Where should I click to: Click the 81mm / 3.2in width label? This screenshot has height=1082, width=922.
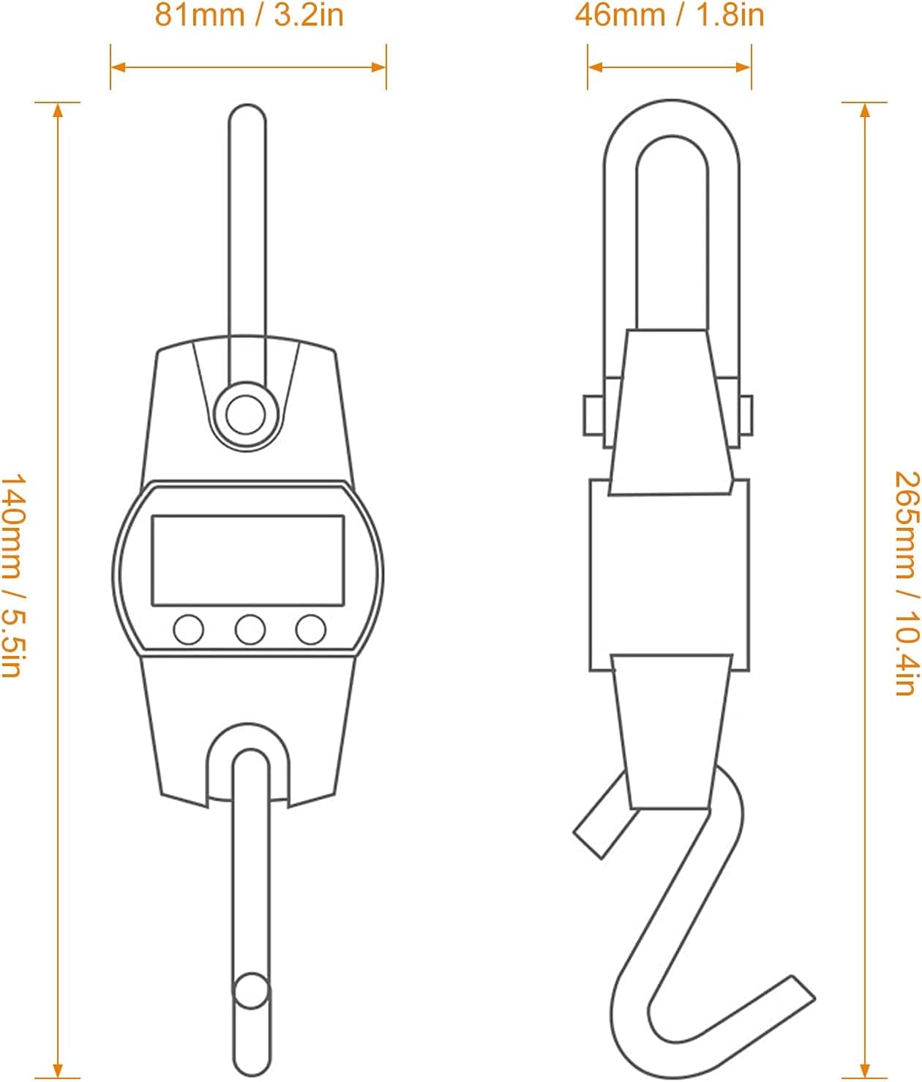(x=249, y=15)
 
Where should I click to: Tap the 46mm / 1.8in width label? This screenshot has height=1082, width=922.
(x=669, y=15)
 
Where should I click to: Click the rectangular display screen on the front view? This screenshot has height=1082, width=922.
(x=248, y=561)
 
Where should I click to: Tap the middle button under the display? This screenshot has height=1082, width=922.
(x=250, y=630)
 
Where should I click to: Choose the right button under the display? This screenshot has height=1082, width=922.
(x=310, y=630)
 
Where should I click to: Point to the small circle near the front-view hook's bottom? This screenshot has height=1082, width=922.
(x=251, y=991)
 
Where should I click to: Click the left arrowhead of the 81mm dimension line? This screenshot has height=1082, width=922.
(x=118, y=67)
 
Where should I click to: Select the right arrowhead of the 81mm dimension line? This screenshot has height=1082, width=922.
(x=379, y=67)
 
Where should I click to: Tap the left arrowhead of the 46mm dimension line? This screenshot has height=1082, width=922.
(x=595, y=67)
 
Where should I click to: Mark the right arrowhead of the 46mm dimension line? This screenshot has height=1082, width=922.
(x=744, y=67)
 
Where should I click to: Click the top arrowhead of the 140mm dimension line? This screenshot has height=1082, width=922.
(x=58, y=110)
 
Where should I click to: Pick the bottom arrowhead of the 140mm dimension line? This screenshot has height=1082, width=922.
(x=58, y=1070)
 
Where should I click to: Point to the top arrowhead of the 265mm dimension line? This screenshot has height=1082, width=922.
(x=865, y=110)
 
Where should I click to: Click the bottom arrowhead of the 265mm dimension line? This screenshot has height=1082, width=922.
(x=865, y=1070)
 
